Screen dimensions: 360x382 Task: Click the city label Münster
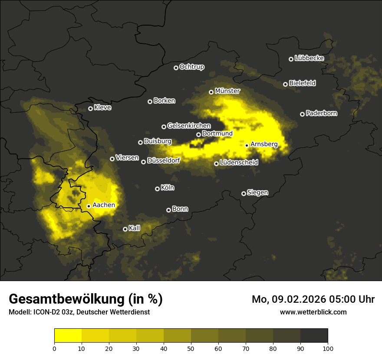point(227,91)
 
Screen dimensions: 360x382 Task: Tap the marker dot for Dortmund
point(198,134)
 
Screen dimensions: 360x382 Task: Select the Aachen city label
point(104,205)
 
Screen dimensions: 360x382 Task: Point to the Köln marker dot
point(157,189)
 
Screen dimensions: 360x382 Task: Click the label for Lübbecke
point(309,58)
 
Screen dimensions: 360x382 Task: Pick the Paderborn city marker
point(302,114)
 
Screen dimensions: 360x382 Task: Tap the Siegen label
point(257,193)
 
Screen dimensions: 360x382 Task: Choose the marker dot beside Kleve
point(90,108)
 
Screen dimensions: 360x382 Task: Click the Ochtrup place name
point(191,67)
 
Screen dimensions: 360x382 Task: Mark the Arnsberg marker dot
point(247,145)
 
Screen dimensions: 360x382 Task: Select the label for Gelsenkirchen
point(189,126)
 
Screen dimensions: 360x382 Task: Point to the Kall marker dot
point(125,229)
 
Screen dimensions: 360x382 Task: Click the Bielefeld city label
point(302,83)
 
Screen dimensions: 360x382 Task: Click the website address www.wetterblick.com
point(313,312)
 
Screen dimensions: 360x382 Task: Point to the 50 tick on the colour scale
point(191,348)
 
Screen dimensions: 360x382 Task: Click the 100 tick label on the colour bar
point(328,348)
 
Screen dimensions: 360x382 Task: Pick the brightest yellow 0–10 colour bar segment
point(68,335)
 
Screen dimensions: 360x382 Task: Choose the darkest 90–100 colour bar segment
point(314,335)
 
